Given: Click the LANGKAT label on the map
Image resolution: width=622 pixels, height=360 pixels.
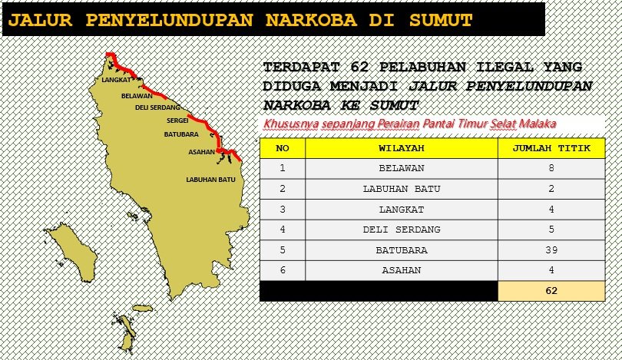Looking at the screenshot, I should (116, 79).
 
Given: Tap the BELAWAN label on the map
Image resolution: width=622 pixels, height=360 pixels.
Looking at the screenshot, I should (137, 96).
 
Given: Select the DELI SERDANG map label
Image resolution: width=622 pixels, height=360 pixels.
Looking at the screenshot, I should (157, 107).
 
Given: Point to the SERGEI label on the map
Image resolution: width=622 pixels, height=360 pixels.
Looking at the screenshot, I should (177, 121).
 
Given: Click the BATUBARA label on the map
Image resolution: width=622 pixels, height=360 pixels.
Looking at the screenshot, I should (182, 134).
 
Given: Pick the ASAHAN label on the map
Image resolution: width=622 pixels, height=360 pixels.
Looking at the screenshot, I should (201, 152).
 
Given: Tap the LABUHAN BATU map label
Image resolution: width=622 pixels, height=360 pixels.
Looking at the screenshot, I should (210, 180).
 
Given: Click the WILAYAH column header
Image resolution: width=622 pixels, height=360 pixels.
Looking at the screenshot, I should (402, 148).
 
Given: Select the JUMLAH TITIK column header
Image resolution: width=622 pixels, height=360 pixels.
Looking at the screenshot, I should (551, 148).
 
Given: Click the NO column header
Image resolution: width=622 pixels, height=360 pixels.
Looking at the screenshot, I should (283, 148).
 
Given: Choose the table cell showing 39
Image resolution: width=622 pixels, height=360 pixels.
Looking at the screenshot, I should (551, 250).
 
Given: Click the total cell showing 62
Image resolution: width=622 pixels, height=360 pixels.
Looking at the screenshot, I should (551, 291).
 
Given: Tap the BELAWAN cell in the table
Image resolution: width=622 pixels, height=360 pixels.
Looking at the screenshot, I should (402, 168).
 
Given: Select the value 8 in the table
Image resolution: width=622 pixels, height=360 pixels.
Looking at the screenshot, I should (551, 168).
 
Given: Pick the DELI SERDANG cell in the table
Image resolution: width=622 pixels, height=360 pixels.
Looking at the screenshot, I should (402, 230).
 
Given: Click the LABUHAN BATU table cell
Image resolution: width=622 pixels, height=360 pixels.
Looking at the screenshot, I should (402, 189).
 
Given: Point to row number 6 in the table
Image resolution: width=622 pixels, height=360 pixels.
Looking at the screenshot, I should (283, 270).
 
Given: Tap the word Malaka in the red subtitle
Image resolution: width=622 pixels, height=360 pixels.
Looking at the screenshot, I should (538, 124).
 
